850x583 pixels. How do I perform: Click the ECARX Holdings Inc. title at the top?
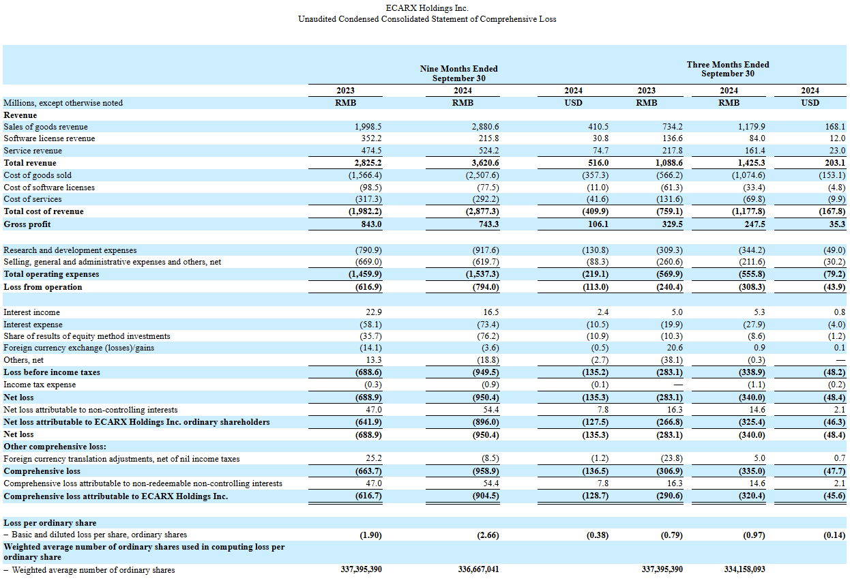[427, 8]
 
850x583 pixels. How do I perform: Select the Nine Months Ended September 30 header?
[458, 74]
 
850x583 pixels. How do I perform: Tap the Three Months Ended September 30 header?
[728, 69]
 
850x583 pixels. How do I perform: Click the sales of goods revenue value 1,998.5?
[368, 127]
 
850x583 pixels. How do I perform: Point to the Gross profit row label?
[27, 224]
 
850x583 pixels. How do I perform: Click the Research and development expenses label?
[70, 250]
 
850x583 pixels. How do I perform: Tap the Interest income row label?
[31, 312]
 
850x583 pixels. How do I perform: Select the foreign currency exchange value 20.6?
[674, 348]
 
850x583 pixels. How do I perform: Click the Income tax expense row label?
[40, 385]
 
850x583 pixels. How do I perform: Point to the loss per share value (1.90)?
[370, 535]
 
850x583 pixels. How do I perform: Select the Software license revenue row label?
[49, 138]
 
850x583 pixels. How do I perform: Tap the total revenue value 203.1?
[834, 163]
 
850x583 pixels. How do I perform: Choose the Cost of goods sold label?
[38, 175]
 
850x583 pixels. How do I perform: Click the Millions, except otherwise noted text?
[63, 103]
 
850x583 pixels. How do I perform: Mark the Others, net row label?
[23, 360]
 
